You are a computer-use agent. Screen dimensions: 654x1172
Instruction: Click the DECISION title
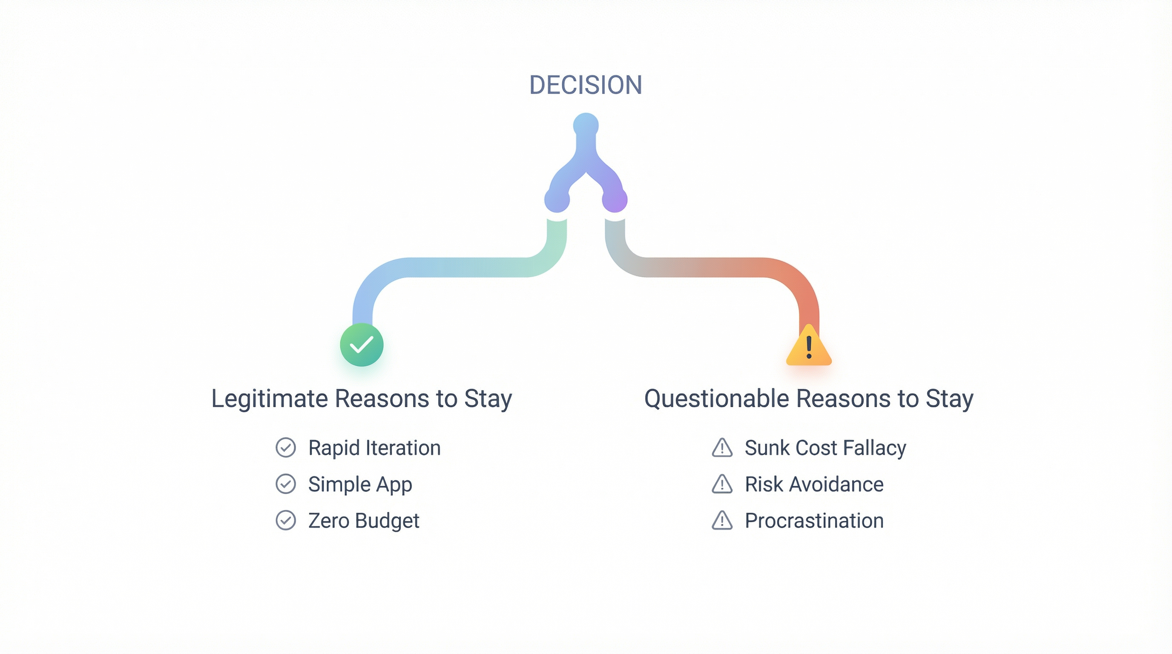click(x=586, y=85)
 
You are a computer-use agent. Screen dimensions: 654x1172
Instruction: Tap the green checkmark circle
click(x=362, y=345)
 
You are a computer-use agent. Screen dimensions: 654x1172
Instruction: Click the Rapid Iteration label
click(x=374, y=447)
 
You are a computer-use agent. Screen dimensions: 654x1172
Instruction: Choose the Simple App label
click(x=360, y=484)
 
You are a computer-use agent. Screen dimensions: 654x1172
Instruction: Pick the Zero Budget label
click(x=364, y=520)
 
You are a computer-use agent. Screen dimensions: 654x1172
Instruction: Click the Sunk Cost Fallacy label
click(x=825, y=447)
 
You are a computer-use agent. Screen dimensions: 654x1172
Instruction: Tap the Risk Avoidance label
click(x=814, y=484)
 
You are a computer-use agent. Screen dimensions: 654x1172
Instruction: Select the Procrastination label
click(x=814, y=520)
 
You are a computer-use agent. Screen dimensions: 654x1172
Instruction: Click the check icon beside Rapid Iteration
click(x=286, y=447)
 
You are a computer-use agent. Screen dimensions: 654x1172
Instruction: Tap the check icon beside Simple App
click(x=286, y=484)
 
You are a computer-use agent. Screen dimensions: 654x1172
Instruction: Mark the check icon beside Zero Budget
click(x=286, y=520)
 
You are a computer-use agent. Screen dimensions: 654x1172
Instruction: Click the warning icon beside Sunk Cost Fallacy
click(x=722, y=448)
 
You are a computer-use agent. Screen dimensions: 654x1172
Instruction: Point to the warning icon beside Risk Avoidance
click(x=722, y=485)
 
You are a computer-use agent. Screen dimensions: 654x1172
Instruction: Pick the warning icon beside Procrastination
click(x=722, y=521)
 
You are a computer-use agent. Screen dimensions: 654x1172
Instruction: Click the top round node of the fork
click(x=586, y=125)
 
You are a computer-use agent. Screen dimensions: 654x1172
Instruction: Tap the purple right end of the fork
click(x=615, y=200)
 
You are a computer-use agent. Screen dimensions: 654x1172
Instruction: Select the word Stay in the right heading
click(x=950, y=399)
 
